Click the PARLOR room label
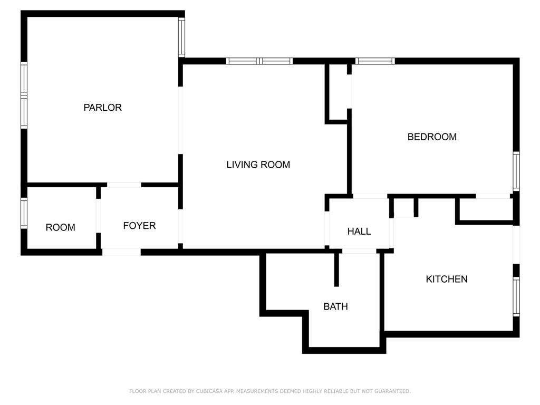pyautogui.click(x=102, y=108)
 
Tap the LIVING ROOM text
pyautogui.click(x=258, y=165)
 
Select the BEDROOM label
pyautogui.click(x=432, y=137)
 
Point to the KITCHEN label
pyautogui.click(x=446, y=279)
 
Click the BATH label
pyautogui.click(x=335, y=306)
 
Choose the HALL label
pyautogui.click(x=359, y=231)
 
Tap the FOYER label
pyautogui.click(x=139, y=226)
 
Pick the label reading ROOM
pyautogui.click(x=60, y=227)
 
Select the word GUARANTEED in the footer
pyautogui.click(x=391, y=391)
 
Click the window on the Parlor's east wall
pyautogui.click(x=181, y=37)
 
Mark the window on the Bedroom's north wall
pyautogui.click(x=375, y=61)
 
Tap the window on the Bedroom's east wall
pyautogui.click(x=516, y=171)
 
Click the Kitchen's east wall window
pyautogui.click(x=516, y=296)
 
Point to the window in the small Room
pyautogui.click(x=24, y=213)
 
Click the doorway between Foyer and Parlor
pyautogui.click(x=124, y=185)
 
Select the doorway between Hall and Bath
pyautogui.click(x=359, y=251)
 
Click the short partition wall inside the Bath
pyautogui.click(x=336, y=269)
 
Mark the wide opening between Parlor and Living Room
pyautogui.click(x=180, y=120)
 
